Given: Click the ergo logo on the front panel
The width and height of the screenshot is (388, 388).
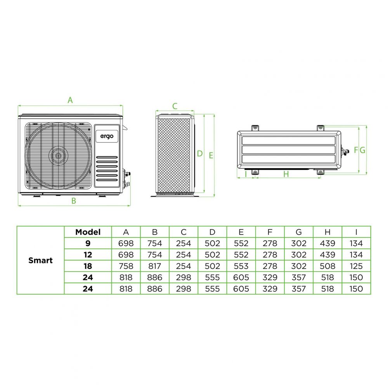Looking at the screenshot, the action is click(x=107, y=136).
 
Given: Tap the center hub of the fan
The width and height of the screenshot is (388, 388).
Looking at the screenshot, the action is click(x=58, y=156).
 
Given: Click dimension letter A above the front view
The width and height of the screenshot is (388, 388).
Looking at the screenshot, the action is click(x=70, y=100).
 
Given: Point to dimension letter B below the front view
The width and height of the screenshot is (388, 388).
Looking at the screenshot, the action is click(x=73, y=201).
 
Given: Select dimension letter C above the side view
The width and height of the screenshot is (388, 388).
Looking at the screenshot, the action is click(x=175, y=106).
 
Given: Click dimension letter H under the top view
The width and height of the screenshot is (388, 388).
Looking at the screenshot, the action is click(x=286, y=174).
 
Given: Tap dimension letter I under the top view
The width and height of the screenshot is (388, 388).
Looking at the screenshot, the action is click(x=246, y=174).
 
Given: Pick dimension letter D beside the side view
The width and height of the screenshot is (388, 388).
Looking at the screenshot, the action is click(x=200, y=154).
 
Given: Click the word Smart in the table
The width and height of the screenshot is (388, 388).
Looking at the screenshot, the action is click(x=41, y=260).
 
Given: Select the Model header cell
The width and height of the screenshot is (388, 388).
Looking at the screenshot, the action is click(x=88, y=232).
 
